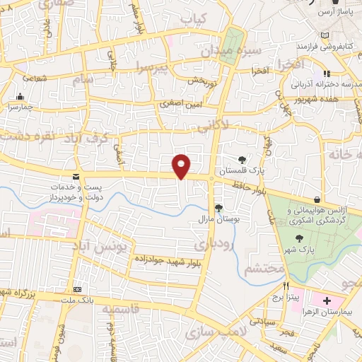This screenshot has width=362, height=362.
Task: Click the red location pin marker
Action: (x=182, y=166)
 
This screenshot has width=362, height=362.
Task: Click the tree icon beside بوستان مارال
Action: (x=218, y=208)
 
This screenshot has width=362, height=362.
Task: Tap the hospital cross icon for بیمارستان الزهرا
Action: (x=327, y=302)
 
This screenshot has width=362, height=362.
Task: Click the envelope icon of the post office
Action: (x=76, y=176)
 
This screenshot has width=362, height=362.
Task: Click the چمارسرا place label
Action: (x=22, y=106)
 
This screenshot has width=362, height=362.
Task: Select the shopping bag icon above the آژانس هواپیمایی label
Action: (x=316, y=200)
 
